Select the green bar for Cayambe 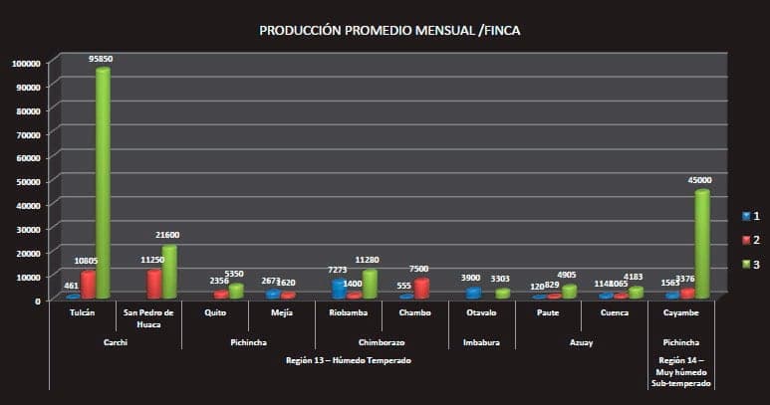click(x=702, y=244)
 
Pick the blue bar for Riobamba click(x=339, y=289)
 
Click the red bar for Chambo click(x=421, y=288)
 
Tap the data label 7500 click(x=419, y=269)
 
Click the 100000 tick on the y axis click(x=25, y=63)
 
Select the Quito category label click(x=215, y=312)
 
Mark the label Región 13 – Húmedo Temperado click(x=347, y=359)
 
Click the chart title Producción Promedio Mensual click(x=389, y=31)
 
